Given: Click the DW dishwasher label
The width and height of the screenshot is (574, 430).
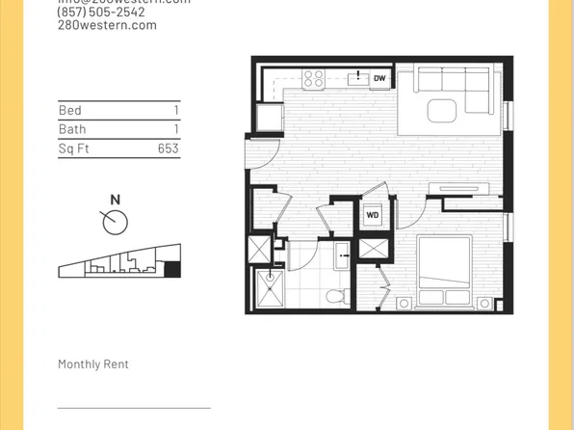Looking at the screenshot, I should (379, 78).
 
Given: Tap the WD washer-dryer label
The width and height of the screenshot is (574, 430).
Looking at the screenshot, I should (372, 215).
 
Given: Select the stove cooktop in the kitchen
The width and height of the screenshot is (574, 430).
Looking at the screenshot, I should (314, 77).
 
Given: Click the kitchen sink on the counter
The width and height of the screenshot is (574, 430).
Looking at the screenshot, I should (357, 78).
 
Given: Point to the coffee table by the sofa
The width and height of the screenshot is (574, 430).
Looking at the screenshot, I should (443, 110).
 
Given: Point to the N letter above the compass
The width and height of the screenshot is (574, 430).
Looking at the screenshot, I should (116, 200).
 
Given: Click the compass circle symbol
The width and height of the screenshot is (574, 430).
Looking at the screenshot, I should (116, 223).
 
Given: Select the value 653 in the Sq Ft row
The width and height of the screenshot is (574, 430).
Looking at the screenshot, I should (169, 148).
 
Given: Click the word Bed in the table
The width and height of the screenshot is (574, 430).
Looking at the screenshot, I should (69, 111).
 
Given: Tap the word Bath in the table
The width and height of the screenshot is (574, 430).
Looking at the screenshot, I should (72, 129).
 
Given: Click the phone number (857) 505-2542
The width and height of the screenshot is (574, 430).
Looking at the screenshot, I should (102, 13).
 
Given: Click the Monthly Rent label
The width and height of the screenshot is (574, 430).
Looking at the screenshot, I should (93, 364).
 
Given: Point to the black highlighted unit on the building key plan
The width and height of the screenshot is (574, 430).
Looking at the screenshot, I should (171, 269).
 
